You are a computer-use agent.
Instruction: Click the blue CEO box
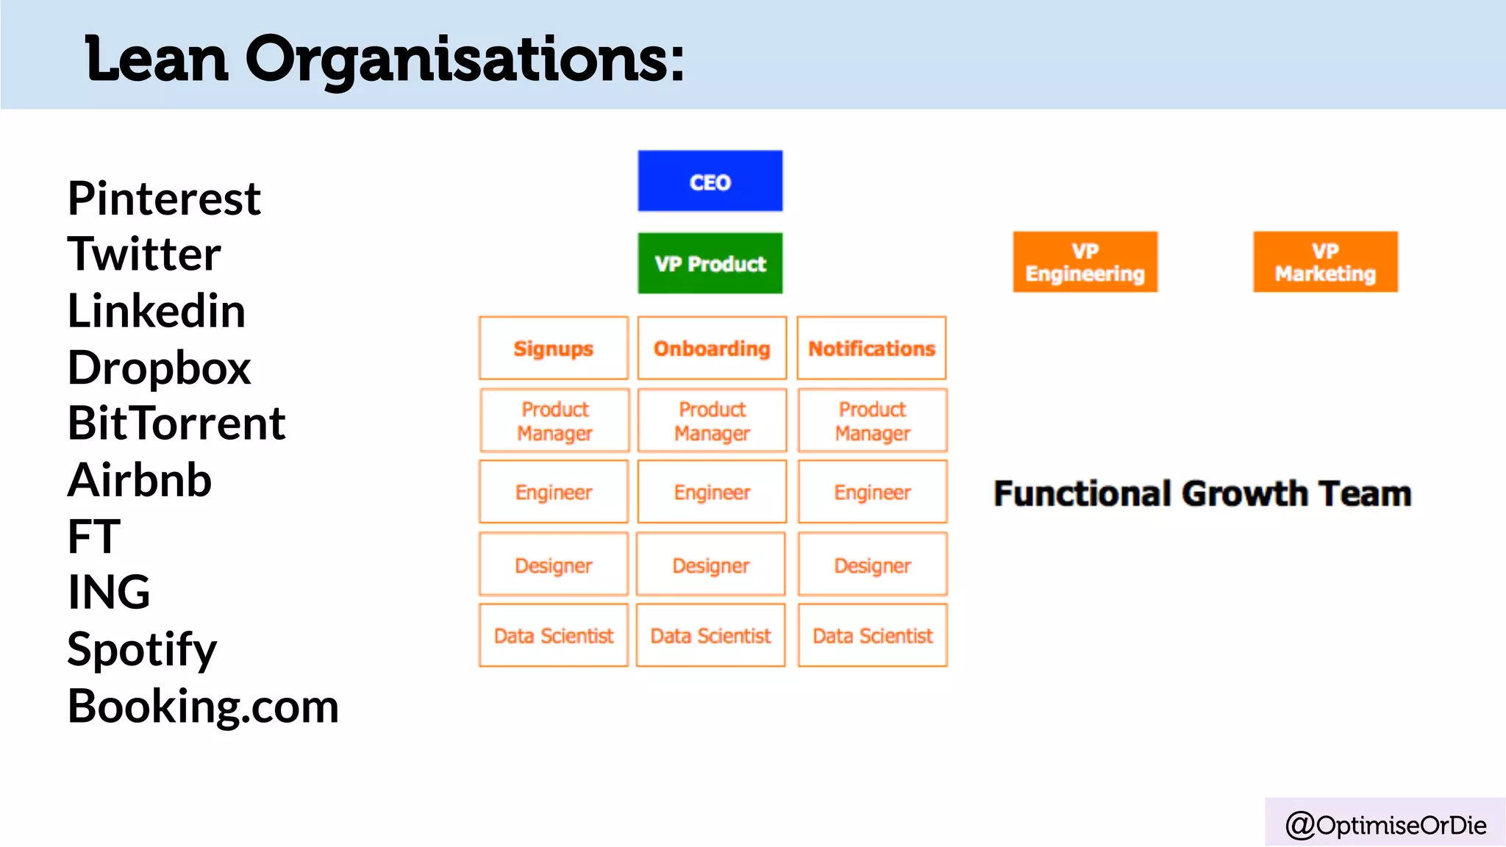(x=710, y=182)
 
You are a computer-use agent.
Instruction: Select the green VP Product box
(x=710, y=263)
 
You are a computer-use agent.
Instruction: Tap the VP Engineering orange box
(x=1085, y=262)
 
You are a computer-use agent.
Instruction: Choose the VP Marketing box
(x=1325, y=262)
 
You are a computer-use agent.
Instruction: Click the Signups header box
(x=553, y=349)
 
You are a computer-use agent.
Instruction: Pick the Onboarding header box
(x=712, y=349)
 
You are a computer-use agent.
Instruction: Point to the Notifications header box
(x=871, y=349)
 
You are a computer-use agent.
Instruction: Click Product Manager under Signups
(x=554, y=421)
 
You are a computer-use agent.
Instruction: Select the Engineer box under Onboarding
(x=712, y=492)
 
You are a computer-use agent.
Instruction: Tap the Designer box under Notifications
(x=872, y=565)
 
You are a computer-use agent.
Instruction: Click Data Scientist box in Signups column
(x=553, y=635)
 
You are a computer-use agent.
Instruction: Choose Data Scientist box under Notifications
(x=872, y=635)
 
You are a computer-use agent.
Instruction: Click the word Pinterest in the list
(x=164, y=199)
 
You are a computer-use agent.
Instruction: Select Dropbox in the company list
(x=159, y=368)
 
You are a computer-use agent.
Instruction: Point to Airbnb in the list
(x=140, y=480)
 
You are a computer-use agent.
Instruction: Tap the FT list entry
(x=93, y=537)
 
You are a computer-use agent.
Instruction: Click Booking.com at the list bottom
(x=203, y=707)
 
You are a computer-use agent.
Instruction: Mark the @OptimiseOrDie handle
(x=1385, y=825)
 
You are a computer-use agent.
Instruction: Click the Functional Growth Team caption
(x=1202, y=493)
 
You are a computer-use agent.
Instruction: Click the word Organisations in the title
(x=464, y=59)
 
